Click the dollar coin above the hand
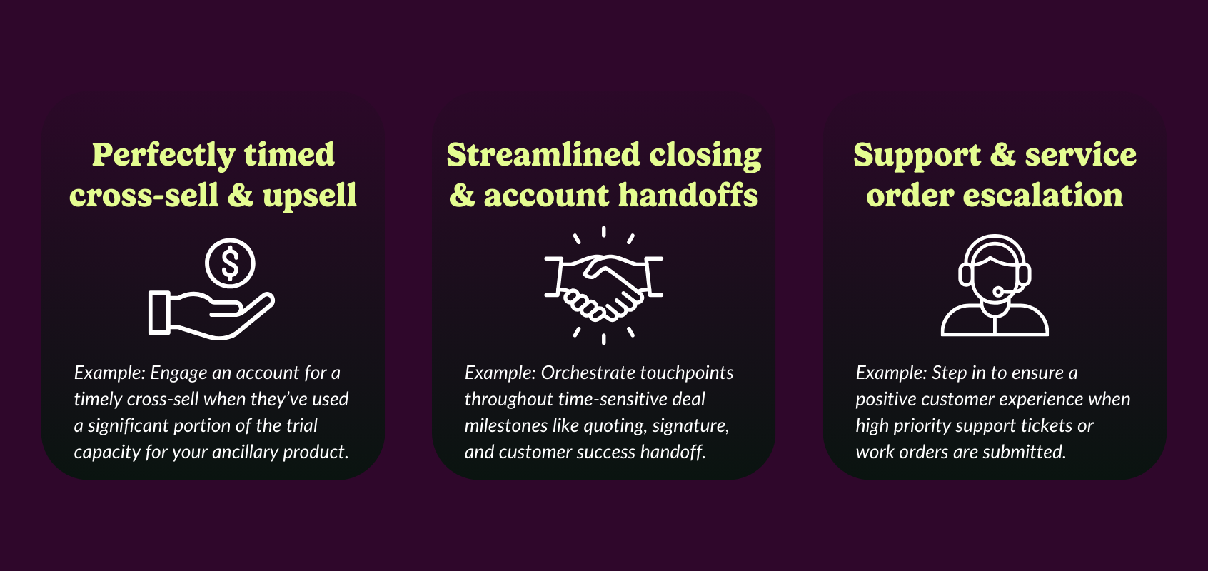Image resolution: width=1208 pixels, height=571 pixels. [x=230, y=263]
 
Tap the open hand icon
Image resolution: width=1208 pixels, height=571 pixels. [x=211, y=315]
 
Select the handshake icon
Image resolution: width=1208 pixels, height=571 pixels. [x=603, y=285]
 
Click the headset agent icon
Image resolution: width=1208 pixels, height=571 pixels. [x=995, y=285]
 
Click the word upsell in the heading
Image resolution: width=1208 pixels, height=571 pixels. [x=310, y=196]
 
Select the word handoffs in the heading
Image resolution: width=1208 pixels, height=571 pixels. [x=688, y=195]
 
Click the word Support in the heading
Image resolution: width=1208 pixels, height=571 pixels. [x=917, y=156]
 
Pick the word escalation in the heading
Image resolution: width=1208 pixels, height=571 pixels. [x=1043, y=195]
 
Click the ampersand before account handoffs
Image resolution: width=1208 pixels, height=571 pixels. [x=462, y=195]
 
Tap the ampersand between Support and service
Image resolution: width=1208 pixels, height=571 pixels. [x=1002, y=155]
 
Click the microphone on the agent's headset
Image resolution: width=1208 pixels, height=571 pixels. [x=998, y=293]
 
